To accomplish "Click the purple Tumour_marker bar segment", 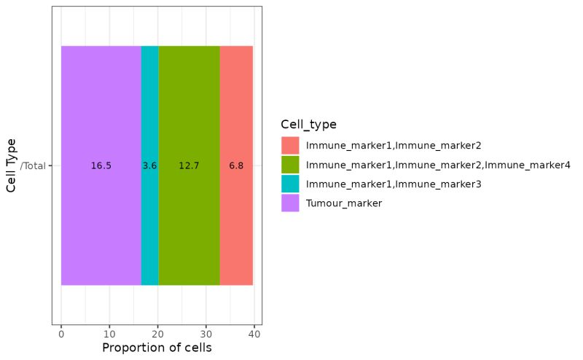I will [x=101, y=109].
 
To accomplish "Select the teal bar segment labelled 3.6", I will [x=149, y=109].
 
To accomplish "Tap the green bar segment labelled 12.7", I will [x=189, y=109].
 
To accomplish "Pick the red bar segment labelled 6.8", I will [x=236, y=109].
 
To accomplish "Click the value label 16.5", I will [x=101, y=166].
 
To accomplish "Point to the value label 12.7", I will [x=189, y=166].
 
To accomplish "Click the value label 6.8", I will [x=236, y=166].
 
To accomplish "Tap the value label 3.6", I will [x=149, y=166].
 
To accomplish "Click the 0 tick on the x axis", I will [x=61, y=334].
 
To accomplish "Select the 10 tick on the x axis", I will [x=109, y=334].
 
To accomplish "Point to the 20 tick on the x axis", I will [x=157, y=334].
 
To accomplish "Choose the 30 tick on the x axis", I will [x=206, y=334].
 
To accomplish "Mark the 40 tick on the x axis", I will [x=254, y=334].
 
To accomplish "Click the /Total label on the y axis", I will [x=34, y=166].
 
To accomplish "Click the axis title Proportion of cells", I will [x=157, y=348].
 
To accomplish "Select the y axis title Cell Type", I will [x=12, y=165].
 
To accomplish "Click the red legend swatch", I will [x=290, y=145].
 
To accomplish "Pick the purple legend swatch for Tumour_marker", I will [x=290, y=203].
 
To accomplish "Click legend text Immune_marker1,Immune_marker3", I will [x=394, y=184].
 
